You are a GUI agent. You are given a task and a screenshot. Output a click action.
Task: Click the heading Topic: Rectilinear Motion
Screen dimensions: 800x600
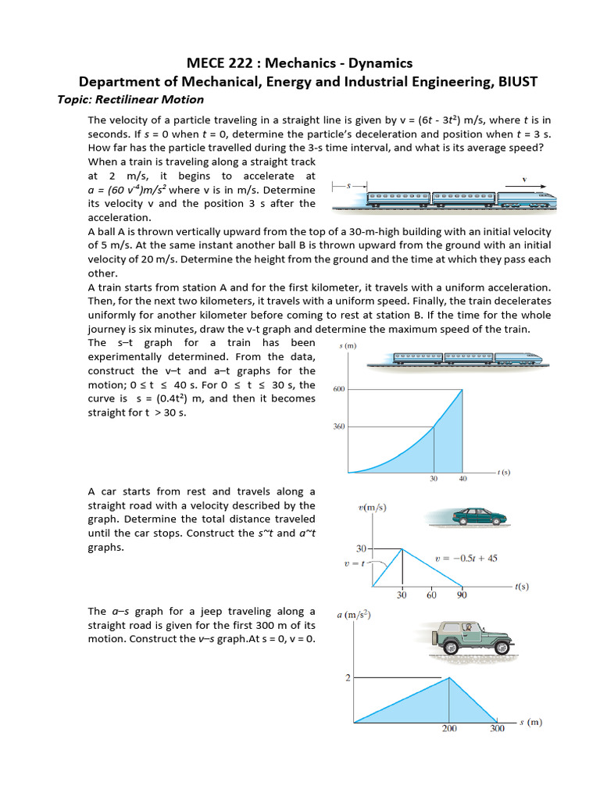point(130,99)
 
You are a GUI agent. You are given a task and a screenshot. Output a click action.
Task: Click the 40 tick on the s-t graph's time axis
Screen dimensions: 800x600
point(463,479)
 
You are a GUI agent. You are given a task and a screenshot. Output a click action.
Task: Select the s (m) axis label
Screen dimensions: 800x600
point(348,346)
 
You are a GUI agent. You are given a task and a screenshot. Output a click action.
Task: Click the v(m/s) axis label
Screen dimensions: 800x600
point(372,508)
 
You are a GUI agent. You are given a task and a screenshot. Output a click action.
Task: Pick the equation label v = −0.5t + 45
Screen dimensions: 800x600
point(466,559)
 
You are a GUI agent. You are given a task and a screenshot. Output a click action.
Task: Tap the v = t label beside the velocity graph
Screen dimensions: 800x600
point(354,564)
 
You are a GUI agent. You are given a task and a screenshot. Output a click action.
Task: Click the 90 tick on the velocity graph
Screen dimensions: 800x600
point(461,595)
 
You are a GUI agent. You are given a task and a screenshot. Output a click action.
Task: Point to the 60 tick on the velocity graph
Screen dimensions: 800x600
point(431,595)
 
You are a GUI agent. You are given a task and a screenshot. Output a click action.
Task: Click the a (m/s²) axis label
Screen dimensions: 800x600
point(353,615)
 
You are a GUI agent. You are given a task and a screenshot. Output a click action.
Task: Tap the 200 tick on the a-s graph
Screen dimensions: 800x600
point(448,730)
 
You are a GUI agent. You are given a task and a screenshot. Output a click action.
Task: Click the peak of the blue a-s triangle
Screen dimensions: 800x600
point(448,677)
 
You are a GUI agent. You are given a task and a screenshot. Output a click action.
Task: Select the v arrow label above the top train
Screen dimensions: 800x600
point(523,179)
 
